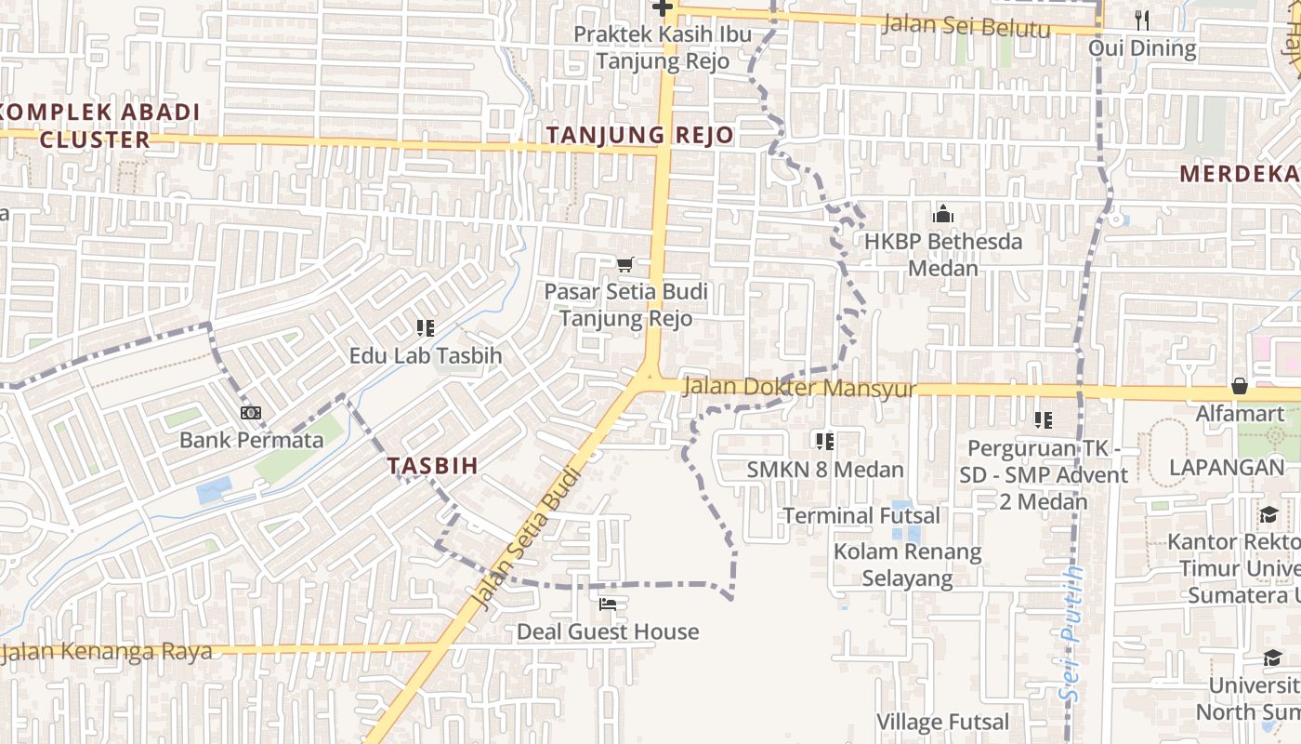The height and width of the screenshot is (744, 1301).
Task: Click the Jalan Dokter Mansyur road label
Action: (x=799, y=388)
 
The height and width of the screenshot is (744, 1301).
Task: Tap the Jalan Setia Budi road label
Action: (x=527, y=539)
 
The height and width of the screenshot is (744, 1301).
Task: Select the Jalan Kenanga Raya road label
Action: (x=108, y=651)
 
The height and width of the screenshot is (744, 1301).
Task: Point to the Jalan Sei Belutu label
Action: (x=966, y=25)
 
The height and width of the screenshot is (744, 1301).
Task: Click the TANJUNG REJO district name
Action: (x=639, y=135)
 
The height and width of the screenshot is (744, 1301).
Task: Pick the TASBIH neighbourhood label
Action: (x=432, y=466)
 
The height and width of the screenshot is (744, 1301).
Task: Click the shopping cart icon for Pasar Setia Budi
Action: (x=625, y=265)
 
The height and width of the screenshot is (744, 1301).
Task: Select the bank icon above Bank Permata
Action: (x=250, y=413)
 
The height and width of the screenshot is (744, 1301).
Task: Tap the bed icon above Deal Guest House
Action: (x=608, y=604)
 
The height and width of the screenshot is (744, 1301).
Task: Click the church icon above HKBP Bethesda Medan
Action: (x=943, y=215)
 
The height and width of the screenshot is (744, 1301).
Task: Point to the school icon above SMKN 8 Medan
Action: (x=824, y=442)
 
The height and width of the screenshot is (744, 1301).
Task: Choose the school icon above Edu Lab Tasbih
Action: (x=426, y=328)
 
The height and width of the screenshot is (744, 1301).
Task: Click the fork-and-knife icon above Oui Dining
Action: (x=1142, y=20)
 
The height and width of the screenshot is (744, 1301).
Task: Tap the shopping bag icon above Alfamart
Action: (x=1239, y=386)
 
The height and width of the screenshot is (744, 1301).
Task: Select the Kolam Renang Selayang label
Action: (x=907, y=565)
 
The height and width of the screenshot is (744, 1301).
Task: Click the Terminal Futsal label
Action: (x=861, y=515)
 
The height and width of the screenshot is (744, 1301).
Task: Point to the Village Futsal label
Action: (x=942, y=722)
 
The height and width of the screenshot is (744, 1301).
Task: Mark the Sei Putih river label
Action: (x=1074, y=632)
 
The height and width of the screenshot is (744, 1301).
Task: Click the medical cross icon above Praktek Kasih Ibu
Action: (x=662, y=8)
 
